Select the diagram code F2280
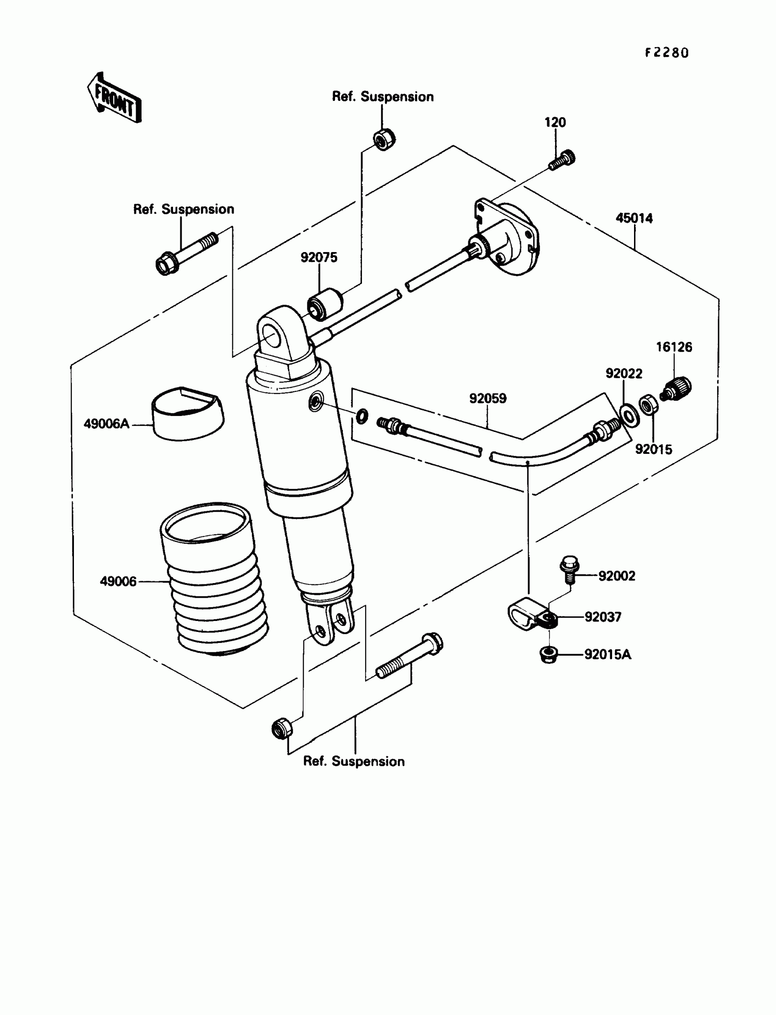[x=666, y=53]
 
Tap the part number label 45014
[x=634, y=218]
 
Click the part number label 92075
[x=319, y=258]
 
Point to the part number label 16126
[x=674, y=347]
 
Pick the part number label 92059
[x=488, y=398]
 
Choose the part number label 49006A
[x=106, y=424]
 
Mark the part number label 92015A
[x=608, y=655]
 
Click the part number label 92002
[x=617, y=576]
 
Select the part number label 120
[x=555, y=122]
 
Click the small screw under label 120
[x=562, y=160]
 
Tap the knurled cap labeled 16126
[x=676, y=389]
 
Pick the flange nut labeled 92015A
[x=548, y=655]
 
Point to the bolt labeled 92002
[x=569, y=569]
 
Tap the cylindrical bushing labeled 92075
[x=325, y=304]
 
